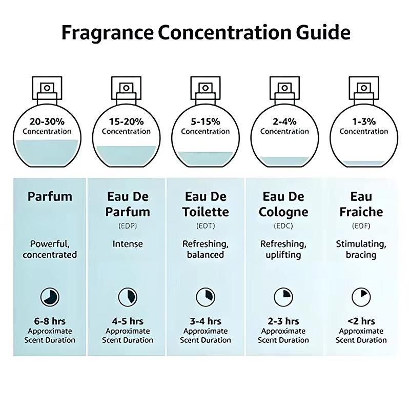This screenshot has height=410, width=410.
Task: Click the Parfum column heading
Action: pyautogui.click(x=50, y=196)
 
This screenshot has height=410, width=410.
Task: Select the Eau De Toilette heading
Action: pyautogui.click(x=206, y=204)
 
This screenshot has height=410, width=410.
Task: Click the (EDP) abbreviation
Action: pyautogui.click(x=128, y=225)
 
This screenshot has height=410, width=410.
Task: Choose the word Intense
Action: pyautogui.click(x=128, y=243)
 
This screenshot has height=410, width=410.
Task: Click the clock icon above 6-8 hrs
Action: pyautogui.click(x=50, y=296)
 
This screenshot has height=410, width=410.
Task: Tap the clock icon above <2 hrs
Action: pyautogui.click(x=361, y=296)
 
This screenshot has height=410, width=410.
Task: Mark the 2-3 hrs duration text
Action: pyautogui.click(x=283, y=321)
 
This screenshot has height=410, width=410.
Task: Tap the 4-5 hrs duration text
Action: pyautogui.click(x=128, y=321)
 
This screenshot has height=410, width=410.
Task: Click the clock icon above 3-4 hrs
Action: pyautogui.click(x=205, y=296)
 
